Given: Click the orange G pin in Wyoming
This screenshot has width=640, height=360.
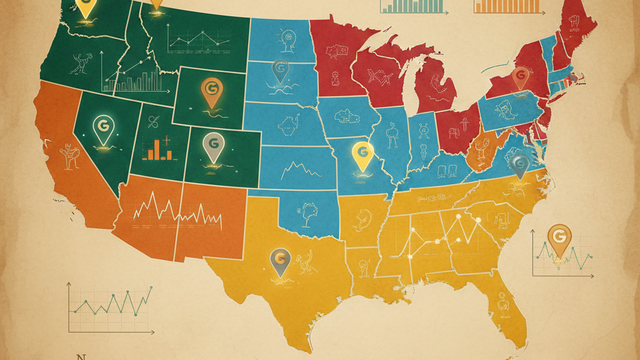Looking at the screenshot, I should [211, 92].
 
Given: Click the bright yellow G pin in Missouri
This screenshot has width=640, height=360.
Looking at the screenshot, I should [362, 156].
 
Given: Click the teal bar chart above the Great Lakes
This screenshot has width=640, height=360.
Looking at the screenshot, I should [412, 6].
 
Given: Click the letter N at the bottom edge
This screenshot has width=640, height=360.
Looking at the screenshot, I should [79, 356].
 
